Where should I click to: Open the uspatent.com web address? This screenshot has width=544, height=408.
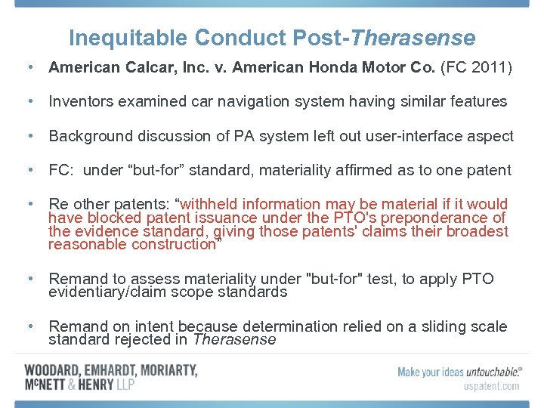coord(491,386)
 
